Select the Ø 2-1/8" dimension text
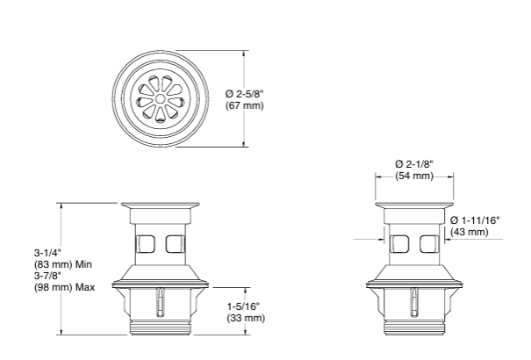point(413,164)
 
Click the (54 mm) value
point(413,176)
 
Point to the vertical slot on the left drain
point(159,304)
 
